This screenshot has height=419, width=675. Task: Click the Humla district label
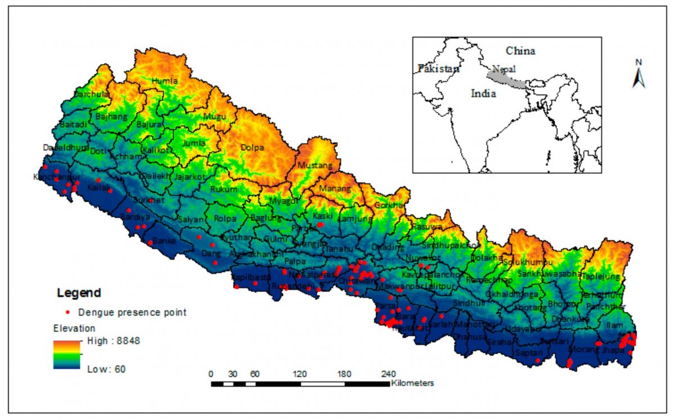pyautogui.click(x=165, y=81)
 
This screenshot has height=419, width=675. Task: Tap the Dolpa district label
pyautogui.click(x=252, y=148)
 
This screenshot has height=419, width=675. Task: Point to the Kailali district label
pyautogui.click(x=98, y=187)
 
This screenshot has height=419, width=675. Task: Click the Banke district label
pyautogui.click(x=164, y=241)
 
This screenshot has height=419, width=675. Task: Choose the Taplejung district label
pyautogui.click(x=600, y=277)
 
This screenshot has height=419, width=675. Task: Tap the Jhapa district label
pyautogui.click(x=613, y=350)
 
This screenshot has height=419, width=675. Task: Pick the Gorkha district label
pyautogui.click(x=389, y=205)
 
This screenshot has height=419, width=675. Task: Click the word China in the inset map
pyautogui.click(x=520, y=51)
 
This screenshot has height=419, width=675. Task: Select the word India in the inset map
pyautogui.click(x=483, y=94)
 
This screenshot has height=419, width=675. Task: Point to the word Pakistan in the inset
pyautogui.click(x=438, y=69)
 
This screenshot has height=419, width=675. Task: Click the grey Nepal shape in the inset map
pyautogui.click(x=506, y=79)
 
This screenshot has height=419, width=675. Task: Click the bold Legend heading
pyautogui.click(x=79, y=293)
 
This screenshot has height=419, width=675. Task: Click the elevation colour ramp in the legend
pyautogui.click(x=68, y=354)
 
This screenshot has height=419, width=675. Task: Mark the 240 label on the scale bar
pyautogui.click(x=389, y=374)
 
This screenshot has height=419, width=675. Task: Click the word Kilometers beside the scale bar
pyautogui.click(x=412, y=383)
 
